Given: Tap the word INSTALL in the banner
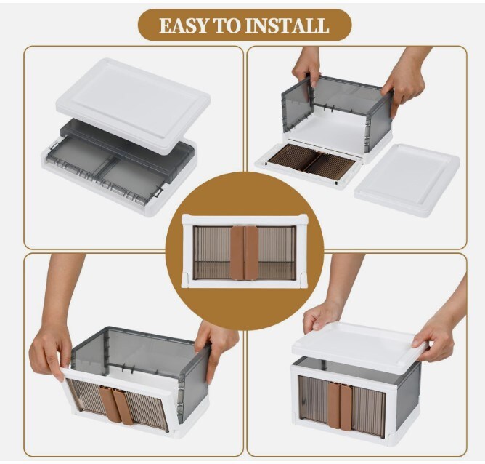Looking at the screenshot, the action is (x=286, y=25).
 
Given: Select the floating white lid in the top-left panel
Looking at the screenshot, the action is (x=134, y=105).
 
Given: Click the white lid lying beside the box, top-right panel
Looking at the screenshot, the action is (x=407, y=180).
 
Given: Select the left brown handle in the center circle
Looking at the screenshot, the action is (x=237, y=253).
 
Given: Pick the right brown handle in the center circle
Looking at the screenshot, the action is (x=251, y=253).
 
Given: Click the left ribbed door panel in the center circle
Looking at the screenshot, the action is (x=212, y=253).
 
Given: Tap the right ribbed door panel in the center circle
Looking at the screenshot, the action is (x=277, y=253).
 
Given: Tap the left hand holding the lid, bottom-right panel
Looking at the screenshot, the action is (x=322, y=316).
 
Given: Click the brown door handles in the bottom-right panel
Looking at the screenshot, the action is (x=340, y=407).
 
